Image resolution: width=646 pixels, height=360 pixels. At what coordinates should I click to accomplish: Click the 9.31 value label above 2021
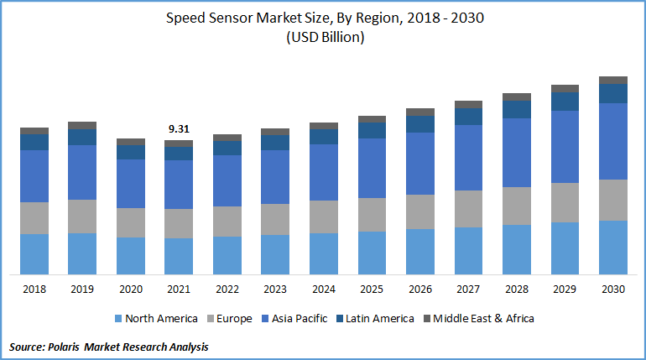pos(179,129)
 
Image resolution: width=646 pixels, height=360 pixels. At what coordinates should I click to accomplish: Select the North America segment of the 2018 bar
pos(34,253)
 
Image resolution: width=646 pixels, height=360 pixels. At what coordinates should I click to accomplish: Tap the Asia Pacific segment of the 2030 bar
pos(613,141)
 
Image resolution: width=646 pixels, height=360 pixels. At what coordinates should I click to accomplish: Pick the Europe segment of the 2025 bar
pos(372,215)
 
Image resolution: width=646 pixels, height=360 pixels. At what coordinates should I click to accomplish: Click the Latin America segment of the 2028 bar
pos(517,109)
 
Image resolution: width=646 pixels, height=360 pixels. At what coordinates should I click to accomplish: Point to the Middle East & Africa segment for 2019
pos(82,125)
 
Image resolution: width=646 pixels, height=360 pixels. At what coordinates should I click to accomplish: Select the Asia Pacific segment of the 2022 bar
pos(227,180)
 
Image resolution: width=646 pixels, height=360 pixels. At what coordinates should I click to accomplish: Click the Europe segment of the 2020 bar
pos(131,222)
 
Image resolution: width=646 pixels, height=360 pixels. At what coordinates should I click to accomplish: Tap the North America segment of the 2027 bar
pos(468,250)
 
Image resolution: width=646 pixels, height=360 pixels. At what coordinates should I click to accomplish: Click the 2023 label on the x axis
pos(275,290)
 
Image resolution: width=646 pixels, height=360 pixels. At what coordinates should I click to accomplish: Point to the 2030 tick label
pos(613,290)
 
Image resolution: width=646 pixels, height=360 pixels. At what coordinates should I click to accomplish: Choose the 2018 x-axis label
pos(34,290)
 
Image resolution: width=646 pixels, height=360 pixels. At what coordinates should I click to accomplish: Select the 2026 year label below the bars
pos(420,290)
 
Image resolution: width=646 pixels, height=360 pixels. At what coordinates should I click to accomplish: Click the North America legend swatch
pos(117,319)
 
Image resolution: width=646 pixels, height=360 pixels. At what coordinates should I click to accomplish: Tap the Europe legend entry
pos(236,319)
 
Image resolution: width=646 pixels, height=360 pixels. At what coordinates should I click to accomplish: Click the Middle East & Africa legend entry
pos(482,319)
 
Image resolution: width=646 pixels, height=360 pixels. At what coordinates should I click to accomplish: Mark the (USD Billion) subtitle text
pos(324,38)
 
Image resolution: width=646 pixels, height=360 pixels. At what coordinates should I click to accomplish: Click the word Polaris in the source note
pos(74,347)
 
